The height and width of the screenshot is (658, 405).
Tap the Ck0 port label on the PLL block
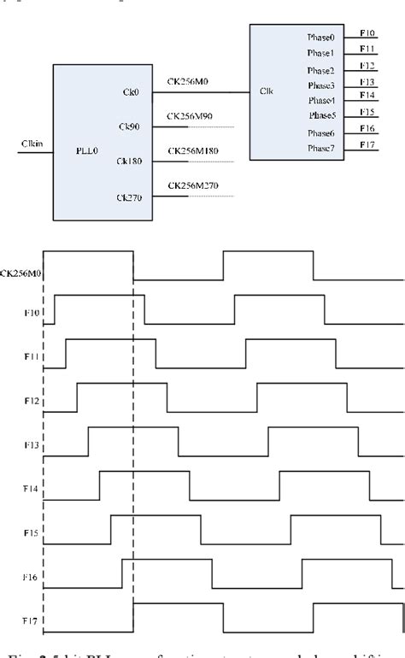(130, 91)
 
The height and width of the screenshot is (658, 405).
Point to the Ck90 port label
(128, 126)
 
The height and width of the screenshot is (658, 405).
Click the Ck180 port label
(129, 161)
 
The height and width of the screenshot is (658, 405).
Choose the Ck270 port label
(129, 196)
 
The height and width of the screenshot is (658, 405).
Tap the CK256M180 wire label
(192, 150)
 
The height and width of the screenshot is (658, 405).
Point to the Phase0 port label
(320, 38)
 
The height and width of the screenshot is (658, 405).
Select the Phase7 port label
(320, 150)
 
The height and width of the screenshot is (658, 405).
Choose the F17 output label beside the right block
(367, 144)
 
